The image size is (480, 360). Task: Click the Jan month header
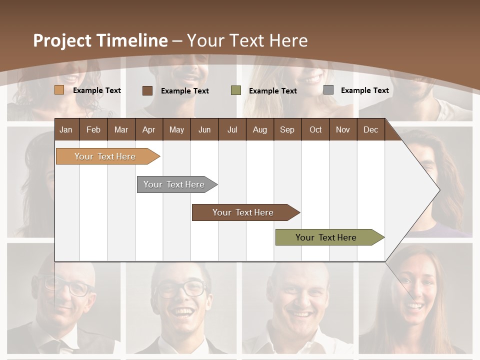pos(66,129)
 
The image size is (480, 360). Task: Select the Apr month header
pos(148,129)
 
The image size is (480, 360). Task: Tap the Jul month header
pos(232,129)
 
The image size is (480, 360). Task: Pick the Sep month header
pos(287,129)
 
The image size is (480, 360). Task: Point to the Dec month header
pos(370,129)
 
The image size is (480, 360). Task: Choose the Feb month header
pos(93,129)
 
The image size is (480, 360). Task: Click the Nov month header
pos(342,129)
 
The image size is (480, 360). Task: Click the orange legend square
pos(59,90)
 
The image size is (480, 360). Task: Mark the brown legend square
pos(147,90)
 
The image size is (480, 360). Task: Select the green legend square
pos(236,90)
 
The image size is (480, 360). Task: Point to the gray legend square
pos(328,90)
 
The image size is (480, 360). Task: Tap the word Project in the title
pos(62,40)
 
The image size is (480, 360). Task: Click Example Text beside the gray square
pos(364,90)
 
